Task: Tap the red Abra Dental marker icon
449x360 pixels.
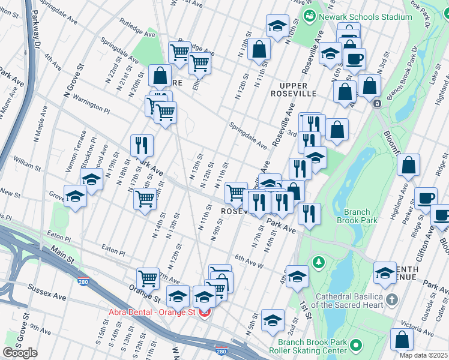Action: pos(205,312)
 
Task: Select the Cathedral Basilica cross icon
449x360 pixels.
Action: pos(391,299)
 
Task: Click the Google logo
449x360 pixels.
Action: pos(20,353)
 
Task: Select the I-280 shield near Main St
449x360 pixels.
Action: pos(81,280)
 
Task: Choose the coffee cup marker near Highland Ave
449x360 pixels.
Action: pos(426,199)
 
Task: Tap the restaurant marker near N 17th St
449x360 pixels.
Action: pos(142,145)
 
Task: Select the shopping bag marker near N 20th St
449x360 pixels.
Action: pos(160,76)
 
